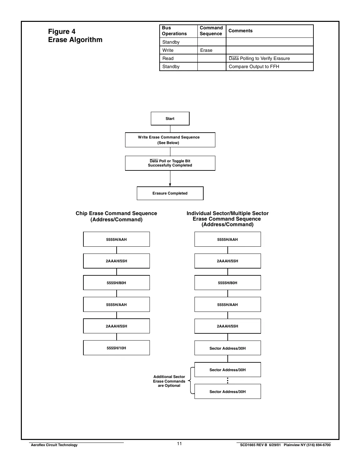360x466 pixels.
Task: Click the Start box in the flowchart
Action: tap(170, 119)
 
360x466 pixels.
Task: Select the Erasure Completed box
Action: tap(170, 193)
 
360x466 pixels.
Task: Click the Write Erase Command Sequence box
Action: tap(170, 140)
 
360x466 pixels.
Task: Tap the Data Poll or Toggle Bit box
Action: tap(170, 163)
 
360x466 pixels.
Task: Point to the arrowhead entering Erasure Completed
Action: tap(170, 185)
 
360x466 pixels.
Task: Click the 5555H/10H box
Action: tap(116, 348)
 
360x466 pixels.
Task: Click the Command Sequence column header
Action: tap(211, 31)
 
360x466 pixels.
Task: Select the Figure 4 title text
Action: tap(62, 32)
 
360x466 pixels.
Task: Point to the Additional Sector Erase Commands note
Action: tap(169, 381)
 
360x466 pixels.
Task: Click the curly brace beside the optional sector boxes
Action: tap(191, 381)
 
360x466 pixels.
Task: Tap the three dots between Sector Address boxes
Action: tap(228, 381)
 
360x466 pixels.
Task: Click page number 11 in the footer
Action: tap(180, 444)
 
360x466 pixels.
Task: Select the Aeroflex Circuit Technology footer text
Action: tap(54, 445)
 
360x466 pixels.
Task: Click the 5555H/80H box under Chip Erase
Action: tap(116, 283)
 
